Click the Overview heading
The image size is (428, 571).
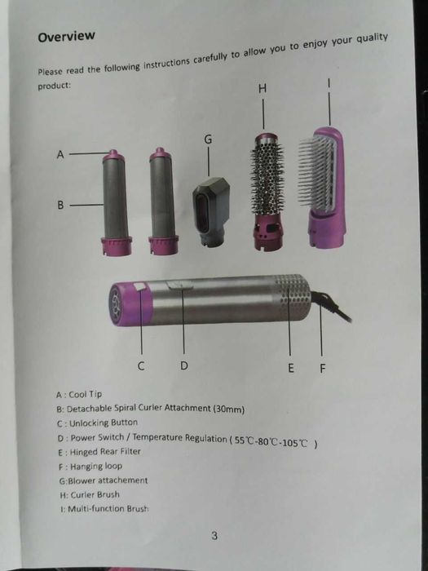point(66,37)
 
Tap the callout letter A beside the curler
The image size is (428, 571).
point(60,155)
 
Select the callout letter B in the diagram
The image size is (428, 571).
point(60,206)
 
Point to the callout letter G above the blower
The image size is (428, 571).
point(208,139)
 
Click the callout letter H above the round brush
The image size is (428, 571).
point(263,88)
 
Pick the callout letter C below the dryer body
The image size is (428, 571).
point(141,366)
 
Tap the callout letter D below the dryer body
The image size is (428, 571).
point(184,365)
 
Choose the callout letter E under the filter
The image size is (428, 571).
point(290,368)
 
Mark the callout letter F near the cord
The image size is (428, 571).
point(323,369)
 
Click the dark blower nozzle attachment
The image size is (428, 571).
point(211,212)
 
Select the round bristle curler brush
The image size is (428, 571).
point(267,192)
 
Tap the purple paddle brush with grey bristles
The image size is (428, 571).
point(322,188)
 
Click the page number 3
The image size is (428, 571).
point(214,536)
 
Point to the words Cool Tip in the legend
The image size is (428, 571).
point(86,394)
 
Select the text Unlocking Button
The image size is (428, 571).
point(104,423)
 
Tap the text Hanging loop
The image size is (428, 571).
point(96,466)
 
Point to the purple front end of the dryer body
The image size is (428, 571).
point(130,303)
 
